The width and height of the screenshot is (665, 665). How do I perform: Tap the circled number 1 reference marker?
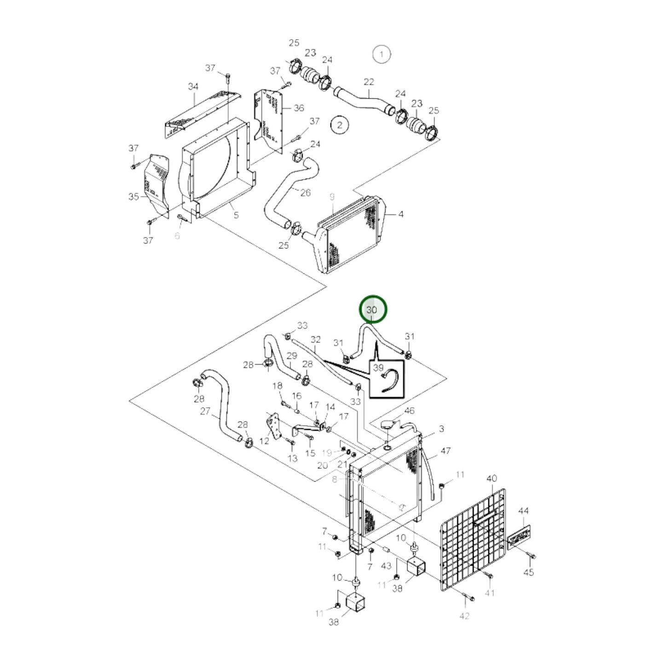[x=382, y=54]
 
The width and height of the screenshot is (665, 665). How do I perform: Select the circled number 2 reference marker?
[x=340, y=125]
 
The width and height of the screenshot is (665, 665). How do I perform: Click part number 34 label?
[x=193, y=86]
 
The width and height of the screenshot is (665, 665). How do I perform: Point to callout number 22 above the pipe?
[x=369, y=82]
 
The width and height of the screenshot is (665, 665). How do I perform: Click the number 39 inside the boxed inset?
[x=379, y=368]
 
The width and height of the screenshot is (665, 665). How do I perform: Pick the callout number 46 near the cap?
[x=409, y=411]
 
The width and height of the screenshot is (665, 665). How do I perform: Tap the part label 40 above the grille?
[x=492, y=479]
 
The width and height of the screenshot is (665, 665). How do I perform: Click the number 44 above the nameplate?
[x=524, y=510]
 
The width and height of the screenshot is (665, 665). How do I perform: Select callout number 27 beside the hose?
[x=205, y=411]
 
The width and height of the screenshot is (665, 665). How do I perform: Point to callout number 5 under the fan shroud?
[x=236, y=215]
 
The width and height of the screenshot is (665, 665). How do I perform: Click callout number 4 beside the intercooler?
[x=401, y=214]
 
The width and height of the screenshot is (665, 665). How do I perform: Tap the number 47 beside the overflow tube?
[x=445, y=451]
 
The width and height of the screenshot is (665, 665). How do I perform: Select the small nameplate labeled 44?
[x=519, y=538]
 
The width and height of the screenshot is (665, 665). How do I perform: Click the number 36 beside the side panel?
[x=299, y=108]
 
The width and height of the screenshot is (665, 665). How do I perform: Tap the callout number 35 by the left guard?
[x=134, y=197]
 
